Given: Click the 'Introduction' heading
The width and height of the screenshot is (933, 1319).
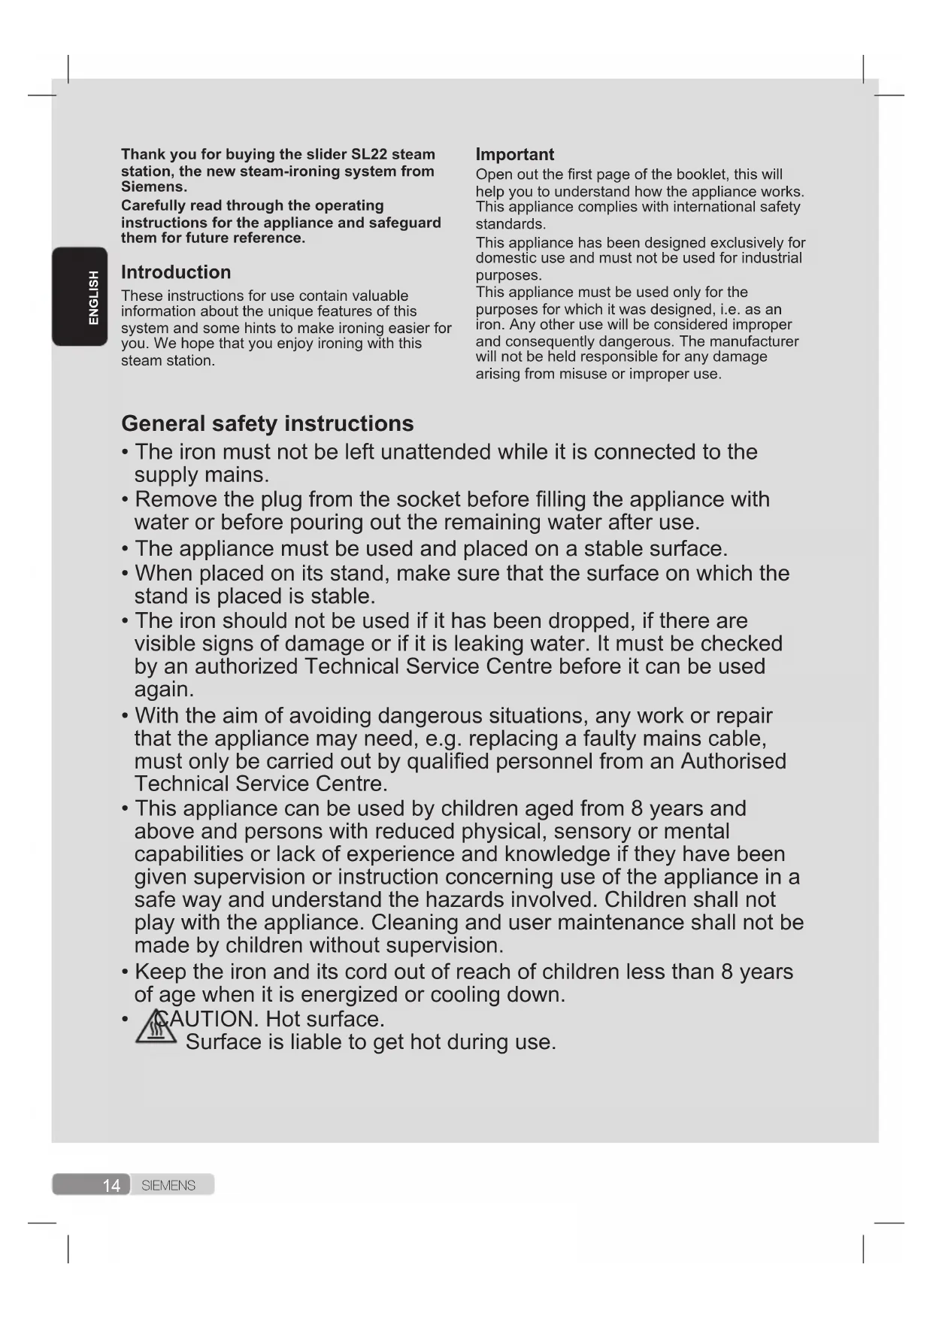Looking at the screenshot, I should click(x=176, y=272).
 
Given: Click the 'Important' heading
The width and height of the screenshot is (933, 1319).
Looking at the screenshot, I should click(x=514, y=154).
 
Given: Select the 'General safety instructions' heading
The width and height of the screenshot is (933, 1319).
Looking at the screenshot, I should click(x=267, y=423).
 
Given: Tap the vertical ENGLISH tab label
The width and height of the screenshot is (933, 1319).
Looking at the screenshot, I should click(x=93, y=298).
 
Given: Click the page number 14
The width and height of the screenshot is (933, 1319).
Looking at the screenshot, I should click(x=111, y=1185).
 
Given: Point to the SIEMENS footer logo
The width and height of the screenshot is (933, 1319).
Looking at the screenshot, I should click(x=168, y=1185).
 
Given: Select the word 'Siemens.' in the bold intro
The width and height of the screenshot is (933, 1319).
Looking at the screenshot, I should click(x=154, y=186).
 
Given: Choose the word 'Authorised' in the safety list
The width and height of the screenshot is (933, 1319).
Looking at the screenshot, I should click(x=733, y=761).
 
